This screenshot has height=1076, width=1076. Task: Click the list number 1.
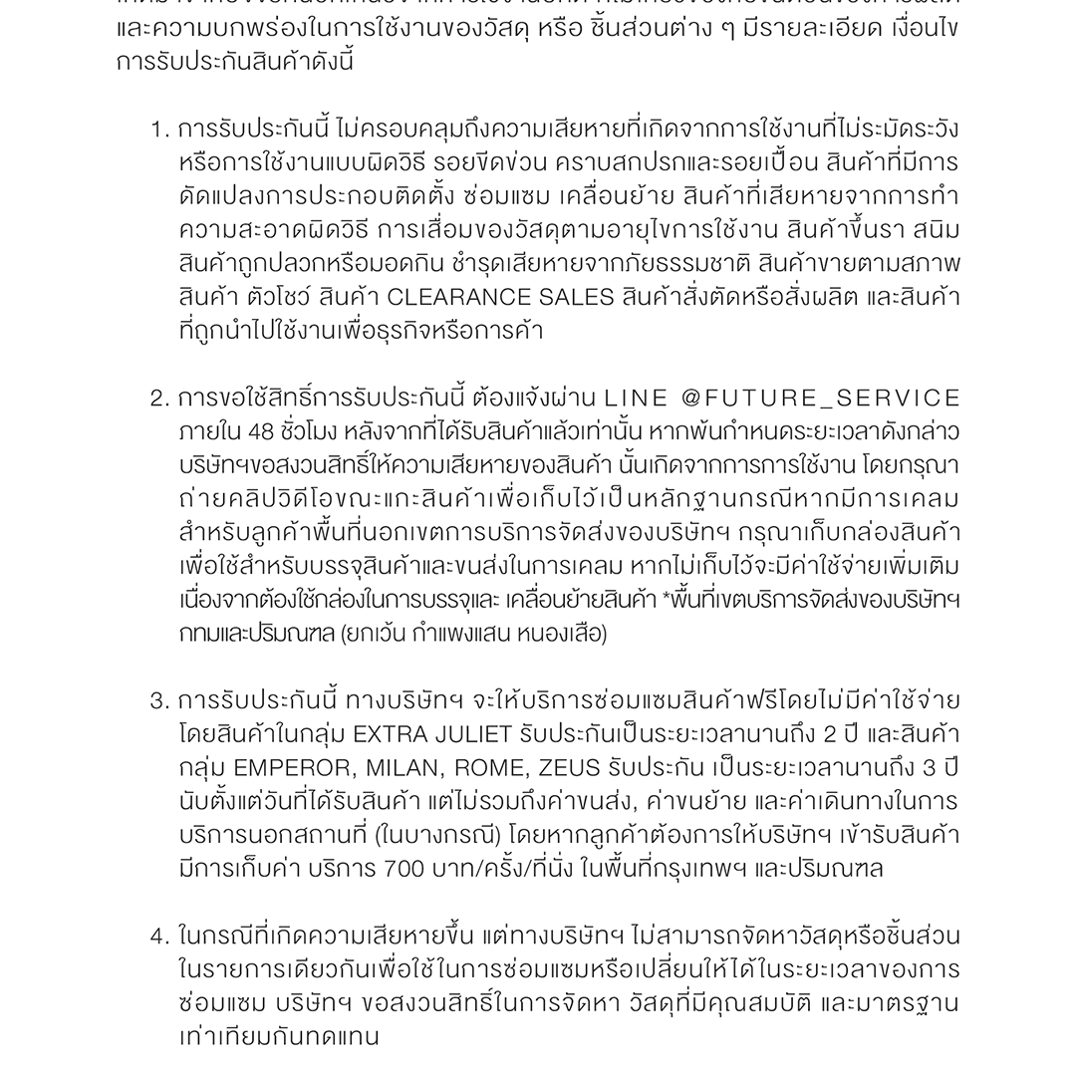[158, 130]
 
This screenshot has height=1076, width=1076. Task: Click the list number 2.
[159, 399]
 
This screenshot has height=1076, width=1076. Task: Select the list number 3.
[159, 701]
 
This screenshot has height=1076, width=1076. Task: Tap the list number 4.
[159, 937]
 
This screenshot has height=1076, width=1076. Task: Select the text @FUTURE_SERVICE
[821, 399]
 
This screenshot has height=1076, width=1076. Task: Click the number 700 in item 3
[405, 869]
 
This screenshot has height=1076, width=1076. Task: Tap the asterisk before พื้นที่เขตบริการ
[666, 601]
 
